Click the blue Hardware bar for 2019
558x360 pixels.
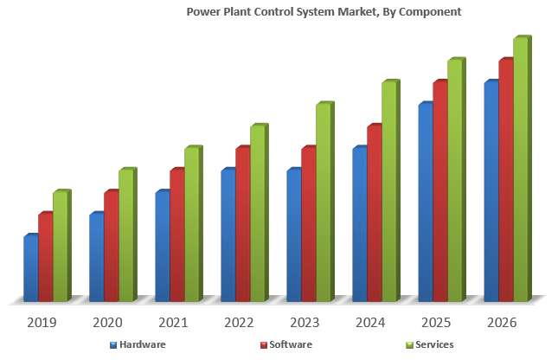pos(30,268)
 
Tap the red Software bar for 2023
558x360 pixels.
pos(308,224)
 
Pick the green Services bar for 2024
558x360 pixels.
pos(388,191)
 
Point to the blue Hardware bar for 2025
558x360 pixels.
pos(425,202)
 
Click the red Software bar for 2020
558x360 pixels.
pos(111,246)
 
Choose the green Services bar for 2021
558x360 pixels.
pos(191,224)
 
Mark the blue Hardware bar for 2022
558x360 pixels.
pos(228,235)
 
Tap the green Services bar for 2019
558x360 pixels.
pos(60,246)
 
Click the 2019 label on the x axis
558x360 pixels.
pos(42,323)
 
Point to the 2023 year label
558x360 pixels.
pos(305,323)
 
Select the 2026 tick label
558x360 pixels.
pos(502,323)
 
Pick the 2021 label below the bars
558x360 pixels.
pos(173,323)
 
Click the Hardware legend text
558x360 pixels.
pos(143,344)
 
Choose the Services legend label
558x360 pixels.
pos(434,344)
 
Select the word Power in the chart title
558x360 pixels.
pos(203,12)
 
